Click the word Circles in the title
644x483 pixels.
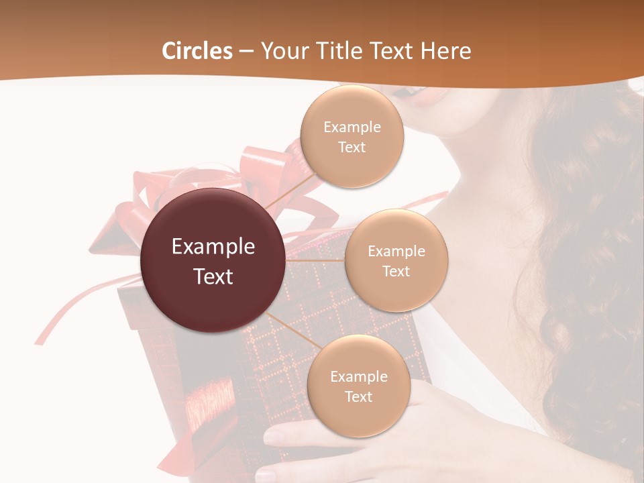pyautogui.click(x=197, y=51)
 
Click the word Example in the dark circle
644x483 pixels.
pyautogui.click(x=213, y=247)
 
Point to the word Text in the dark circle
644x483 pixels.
pyautogui.click(x=213, y=276)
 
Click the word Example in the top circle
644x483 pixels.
pyautogui.click(x=352, y=127)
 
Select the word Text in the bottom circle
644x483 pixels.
pyautogui.click(x=358, y=396)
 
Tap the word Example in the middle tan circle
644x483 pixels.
pyautogui.click(x=396, y=252)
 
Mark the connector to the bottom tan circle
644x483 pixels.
pyautogui.click(x=290, y=329)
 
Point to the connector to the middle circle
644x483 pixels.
pyautogui.click(x=315, y=260)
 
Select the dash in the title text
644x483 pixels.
pyautogui.click(x=246, y=51)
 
